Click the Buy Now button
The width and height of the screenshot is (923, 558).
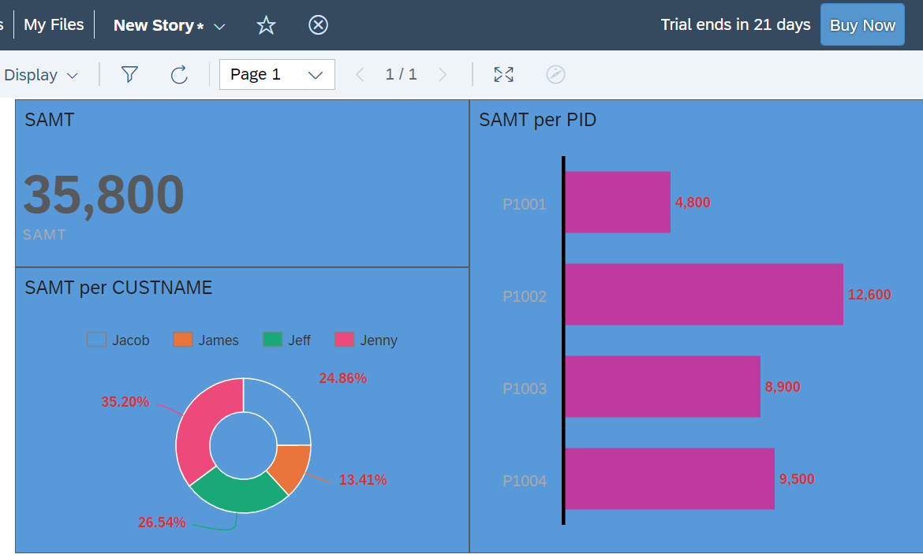862,24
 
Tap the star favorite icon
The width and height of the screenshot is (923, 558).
266,24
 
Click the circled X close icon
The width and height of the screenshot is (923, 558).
318,24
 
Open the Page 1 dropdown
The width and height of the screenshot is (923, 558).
277,75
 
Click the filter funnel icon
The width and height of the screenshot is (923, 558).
129,74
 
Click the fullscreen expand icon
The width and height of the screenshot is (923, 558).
503,75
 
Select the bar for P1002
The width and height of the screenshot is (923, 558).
704,294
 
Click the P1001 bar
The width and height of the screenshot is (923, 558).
618,203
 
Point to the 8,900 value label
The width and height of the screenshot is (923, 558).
783,387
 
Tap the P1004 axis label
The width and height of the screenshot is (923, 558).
525,481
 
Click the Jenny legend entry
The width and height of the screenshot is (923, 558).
366,340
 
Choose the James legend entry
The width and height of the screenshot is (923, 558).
205,340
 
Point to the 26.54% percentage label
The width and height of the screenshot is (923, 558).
162,522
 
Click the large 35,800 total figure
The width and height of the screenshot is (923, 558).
103,195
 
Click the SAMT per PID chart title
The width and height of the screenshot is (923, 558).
537,120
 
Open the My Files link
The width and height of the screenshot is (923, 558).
54,24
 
